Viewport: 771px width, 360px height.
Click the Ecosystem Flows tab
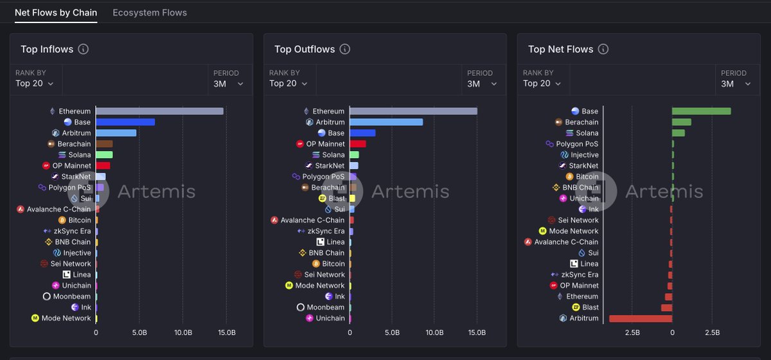point(150,12)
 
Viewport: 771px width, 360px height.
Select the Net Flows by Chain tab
point(56,12)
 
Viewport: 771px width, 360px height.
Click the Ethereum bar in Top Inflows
point(159,111)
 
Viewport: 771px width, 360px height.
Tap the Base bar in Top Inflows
point(125,122)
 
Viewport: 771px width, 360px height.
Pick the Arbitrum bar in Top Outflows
point(386,122)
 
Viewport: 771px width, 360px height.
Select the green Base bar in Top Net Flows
point(701,111)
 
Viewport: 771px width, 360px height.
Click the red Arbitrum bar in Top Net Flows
point(640,318)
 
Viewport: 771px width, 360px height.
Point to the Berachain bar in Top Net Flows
point(681,122)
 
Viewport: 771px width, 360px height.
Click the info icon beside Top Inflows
point(83,50)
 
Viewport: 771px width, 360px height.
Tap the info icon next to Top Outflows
point(344,50)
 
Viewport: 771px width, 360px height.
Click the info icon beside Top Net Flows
point(603,50)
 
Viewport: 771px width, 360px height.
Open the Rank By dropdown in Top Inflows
point(35,84)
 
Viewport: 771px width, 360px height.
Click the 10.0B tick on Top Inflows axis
point(183,333)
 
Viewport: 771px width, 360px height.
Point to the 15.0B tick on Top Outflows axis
point(477,333)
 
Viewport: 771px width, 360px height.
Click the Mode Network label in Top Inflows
point(66,318)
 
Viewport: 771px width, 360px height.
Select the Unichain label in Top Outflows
point(330,318)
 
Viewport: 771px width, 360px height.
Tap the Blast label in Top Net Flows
point(590,307)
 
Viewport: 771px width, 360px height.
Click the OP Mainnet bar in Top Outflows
point(357,144)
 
